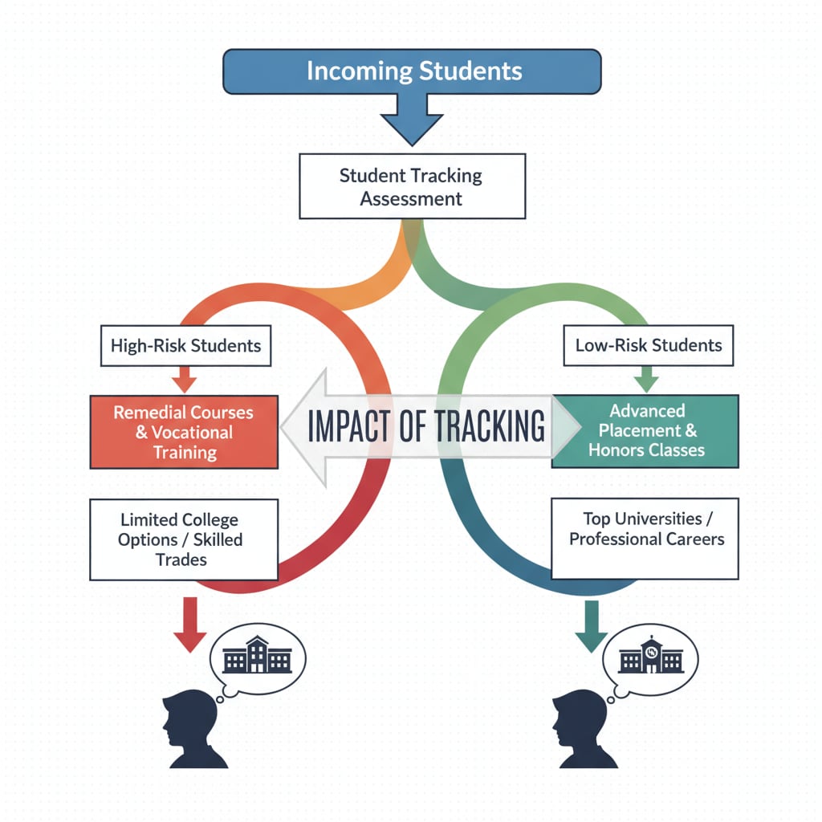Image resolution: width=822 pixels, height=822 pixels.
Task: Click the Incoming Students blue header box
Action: coord(413,71)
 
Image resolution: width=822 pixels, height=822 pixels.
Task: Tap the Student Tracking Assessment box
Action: coord(412,187)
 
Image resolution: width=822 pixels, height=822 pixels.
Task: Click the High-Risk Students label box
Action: coord(185,346)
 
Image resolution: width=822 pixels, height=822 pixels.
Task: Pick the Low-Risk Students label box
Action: coord(649,346)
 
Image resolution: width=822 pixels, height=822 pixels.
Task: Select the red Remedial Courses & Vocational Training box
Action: coord(184,432)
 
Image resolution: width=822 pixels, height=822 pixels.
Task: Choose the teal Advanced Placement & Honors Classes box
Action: coord(645,431)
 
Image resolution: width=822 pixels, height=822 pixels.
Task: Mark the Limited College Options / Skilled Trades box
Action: coord(184,539)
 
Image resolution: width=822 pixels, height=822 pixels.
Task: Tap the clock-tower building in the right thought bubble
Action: coord(650,657)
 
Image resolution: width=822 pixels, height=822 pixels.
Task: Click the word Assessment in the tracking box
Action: coord(411,199)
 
